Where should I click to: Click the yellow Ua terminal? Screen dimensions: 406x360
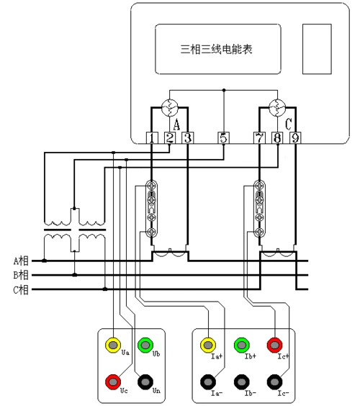(x=114, y=344)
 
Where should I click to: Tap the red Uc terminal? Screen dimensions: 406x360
(x=114, y=379)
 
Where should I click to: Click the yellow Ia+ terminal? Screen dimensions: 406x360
(x=208, y=344)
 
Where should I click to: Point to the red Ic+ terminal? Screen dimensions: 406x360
(x=274, y=344)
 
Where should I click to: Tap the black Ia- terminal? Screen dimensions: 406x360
(x=208, y=380)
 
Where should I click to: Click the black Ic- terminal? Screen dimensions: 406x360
(x=274, y=380)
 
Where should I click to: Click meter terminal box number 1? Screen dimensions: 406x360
(x=153, y=138)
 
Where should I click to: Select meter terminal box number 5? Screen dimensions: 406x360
(x=223, y=138)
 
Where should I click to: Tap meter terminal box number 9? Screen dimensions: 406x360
(x=294, y=138)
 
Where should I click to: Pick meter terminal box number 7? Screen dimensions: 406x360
(x=259, y=138)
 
